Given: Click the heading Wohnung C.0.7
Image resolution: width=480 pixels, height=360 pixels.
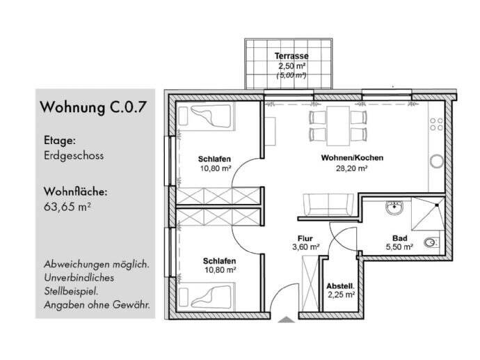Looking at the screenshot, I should pyautogui.click(x=93, y=107).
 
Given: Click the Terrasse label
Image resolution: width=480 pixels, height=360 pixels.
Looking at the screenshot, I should pyautogui.click(x=291, y=56).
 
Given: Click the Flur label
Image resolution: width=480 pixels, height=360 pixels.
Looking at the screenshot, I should pyautogui.click(x=305, y=237).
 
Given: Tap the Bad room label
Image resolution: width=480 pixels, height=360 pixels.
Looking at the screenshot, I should pyautogui.click(x=399, y=237).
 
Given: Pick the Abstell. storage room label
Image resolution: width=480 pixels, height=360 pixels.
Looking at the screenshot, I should pyautogui.click(x=341, y=285).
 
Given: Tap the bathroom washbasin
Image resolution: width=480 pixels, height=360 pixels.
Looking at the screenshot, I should pyautogui.click(x=394, y=207).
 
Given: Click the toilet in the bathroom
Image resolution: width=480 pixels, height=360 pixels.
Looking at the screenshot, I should pyautogui.click(x=431, y=242).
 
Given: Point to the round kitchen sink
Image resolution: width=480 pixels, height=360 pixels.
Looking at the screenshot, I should pyautogui.click(x=437, y=162).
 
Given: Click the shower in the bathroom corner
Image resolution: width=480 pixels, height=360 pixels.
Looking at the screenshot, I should pyautogui.click(x=429, y=212).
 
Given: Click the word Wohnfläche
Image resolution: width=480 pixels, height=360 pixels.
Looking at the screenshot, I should pyautogui.click(x=75, y=191).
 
